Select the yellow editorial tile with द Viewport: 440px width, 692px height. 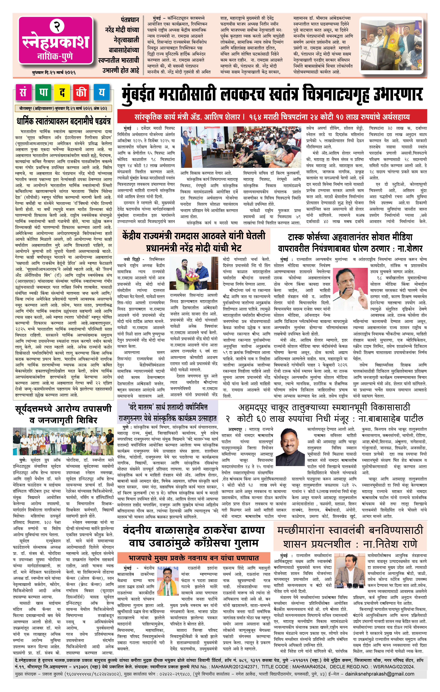(62, 93)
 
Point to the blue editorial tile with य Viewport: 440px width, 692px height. (101, 93)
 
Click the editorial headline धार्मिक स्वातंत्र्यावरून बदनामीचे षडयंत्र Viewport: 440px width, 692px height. (63, 121)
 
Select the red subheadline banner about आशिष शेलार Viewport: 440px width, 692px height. (272, 117)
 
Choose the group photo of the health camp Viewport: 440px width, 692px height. (63, 441)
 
